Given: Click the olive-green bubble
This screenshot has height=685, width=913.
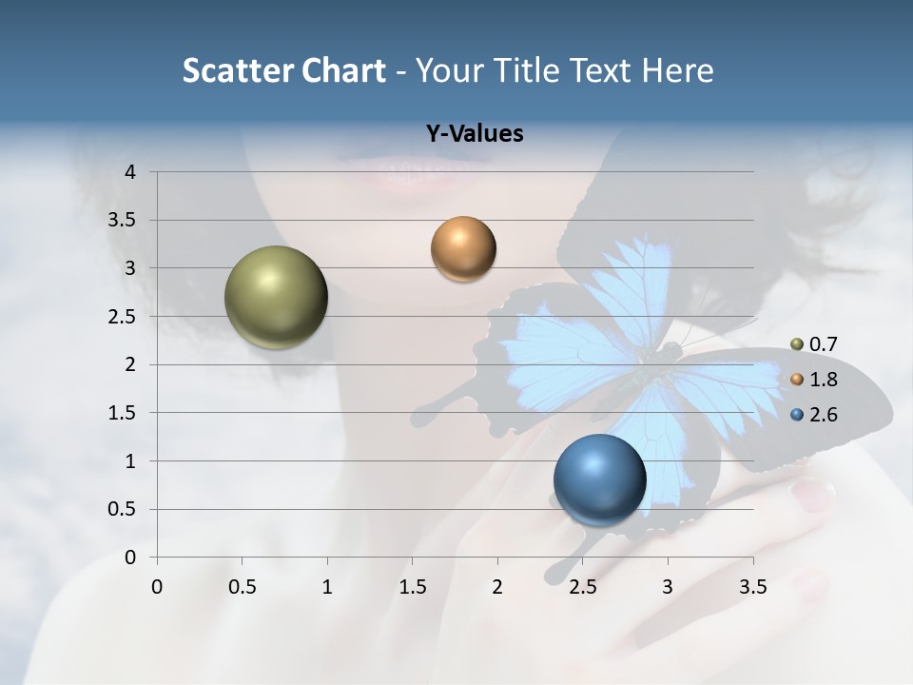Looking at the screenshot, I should (x=276, y=297).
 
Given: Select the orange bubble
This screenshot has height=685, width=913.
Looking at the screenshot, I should (x=463, y=248).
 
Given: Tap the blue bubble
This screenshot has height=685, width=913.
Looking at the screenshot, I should (x=599, y=479).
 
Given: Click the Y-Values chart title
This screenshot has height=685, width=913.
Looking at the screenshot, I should (x=474, y=134).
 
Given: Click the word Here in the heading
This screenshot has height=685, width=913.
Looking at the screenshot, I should (x=677, y=70).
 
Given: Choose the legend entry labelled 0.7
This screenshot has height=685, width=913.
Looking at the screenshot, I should (x=814, y=344).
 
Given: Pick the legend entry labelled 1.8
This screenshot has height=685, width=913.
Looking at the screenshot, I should (x=814, y=380).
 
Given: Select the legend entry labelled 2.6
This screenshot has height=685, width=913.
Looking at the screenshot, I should (x=814, y=415).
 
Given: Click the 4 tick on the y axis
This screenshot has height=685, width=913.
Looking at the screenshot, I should (x=131, y=172).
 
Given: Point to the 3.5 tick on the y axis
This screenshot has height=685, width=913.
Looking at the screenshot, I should (x=124, y=221).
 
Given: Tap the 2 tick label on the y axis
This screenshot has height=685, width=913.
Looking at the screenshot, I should (x=131, y=364).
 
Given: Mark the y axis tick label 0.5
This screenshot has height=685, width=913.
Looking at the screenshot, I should (x=124, y=509).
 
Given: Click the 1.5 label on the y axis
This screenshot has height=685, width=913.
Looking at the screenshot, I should (x=124, y=413).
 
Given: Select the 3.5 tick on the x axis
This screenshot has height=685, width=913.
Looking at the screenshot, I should (x=752, y=587).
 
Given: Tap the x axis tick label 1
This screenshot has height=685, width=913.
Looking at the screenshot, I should (x=327, y=587).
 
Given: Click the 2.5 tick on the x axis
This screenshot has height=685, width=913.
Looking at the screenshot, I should (x=582, y=587).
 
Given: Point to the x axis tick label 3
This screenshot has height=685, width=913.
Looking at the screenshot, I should (x=668, y=587).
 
